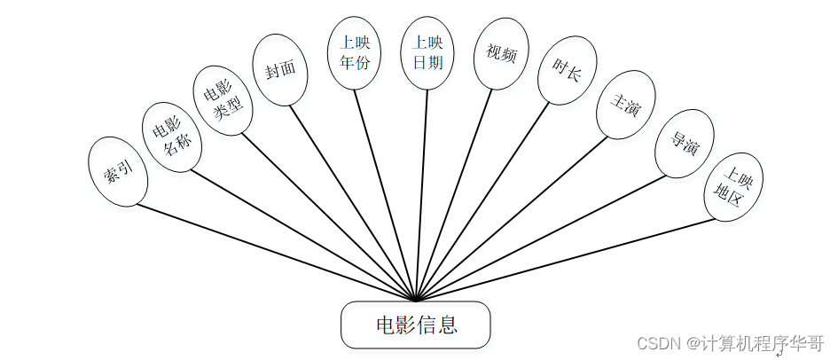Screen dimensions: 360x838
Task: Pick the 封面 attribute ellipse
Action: pos(280,71)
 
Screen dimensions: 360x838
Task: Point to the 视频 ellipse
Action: pos(500,54)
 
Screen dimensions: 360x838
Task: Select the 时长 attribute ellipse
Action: pos(567,71)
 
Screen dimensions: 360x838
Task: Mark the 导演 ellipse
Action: pos(683,143)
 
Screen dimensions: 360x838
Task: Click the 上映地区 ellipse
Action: pos(733,191)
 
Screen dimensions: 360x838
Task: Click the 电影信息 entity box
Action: pos(416,325)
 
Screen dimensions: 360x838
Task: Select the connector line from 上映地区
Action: pos(568,259)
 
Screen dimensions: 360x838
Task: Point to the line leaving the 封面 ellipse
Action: pos(355,203)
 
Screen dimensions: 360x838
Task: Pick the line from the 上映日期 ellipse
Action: pos(421,195)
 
